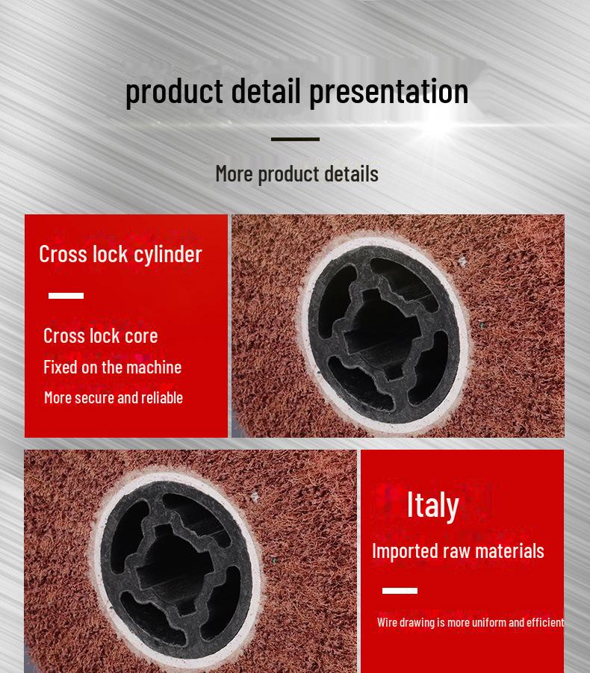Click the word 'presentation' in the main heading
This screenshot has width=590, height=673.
tap(389, 92)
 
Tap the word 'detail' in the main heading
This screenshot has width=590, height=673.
tap(266, 90)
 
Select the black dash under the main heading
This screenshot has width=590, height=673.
tap(295, 139)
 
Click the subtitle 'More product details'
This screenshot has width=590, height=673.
tap(297, 174)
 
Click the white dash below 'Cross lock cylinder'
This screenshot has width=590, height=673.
tap(66, 296)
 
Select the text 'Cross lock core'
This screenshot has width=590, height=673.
tap(100, 335)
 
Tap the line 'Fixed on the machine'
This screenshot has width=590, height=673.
tap(113, 367)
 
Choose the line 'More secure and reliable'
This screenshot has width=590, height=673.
tap(114, 397)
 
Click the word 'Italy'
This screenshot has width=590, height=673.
tap(432, 506)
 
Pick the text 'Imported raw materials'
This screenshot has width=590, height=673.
tap(458, 551)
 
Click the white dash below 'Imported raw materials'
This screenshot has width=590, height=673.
tap(400, 591)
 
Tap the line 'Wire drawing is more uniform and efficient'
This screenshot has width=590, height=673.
tap(471, 622)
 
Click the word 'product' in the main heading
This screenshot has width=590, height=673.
tap(174, 92)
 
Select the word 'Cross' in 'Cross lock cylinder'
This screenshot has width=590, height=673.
tap(63, 254)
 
